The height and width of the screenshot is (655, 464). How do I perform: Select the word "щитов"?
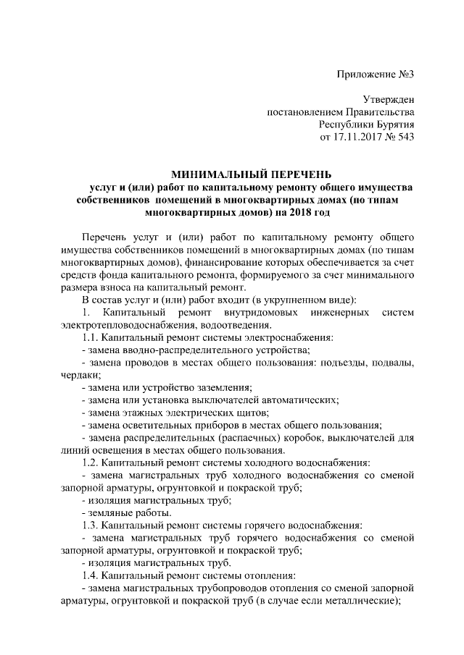tap(248, 413)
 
